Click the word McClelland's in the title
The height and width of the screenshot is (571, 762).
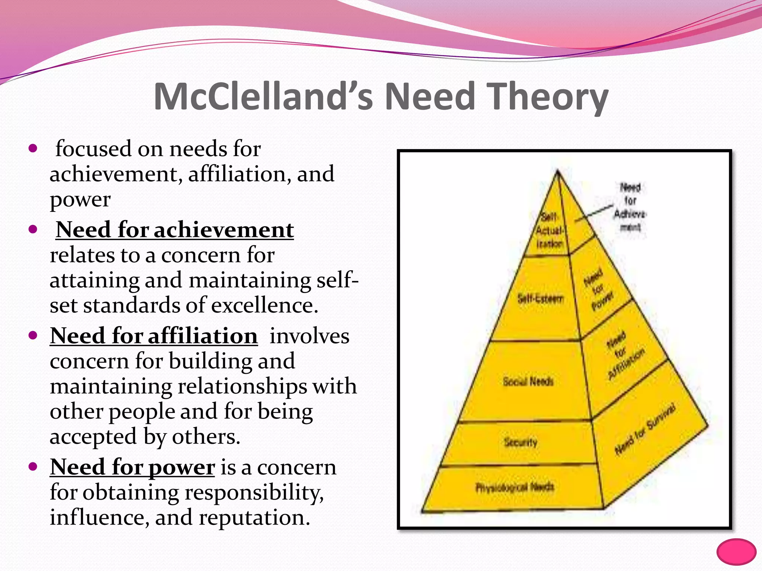click(263, 97)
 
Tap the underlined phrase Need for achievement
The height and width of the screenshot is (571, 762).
click(175, 230)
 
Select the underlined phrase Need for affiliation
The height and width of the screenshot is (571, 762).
click(154, 336)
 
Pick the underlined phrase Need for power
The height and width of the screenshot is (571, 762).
click(132, 467)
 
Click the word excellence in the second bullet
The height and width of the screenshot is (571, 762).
click(265, 306)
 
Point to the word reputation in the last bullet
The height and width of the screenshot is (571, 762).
click(254, 517)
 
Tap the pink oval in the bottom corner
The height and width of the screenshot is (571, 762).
click(736, 552)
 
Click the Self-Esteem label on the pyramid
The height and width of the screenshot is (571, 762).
click(541, 298)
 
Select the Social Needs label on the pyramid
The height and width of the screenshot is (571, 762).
click(528, 381)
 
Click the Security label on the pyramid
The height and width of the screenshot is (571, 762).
click(521, 442)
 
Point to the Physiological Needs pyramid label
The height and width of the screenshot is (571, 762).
click(515, 487)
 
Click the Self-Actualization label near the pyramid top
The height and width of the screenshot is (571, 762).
click(549, 230)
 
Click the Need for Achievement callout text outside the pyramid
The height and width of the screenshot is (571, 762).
click(630, 207)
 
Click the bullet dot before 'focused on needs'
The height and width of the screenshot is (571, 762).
click(33, 149)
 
